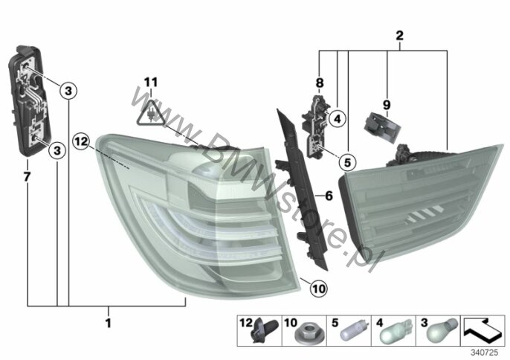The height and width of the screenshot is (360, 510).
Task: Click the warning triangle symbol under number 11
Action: click(151, 113)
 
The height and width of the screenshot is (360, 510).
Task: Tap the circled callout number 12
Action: click(81, 142)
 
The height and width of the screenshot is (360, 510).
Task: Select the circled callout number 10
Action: click(319, 289)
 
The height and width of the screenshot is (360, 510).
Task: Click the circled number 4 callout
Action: click(338, 119)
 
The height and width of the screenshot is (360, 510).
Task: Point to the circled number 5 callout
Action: click(347, 161)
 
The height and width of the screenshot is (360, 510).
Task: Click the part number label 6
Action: click(329, 196)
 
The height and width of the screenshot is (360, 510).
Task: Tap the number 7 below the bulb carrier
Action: click(27, 177)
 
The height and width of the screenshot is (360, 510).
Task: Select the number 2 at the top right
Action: click(320, 83)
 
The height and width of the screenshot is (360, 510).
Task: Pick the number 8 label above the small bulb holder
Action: click(320, 83)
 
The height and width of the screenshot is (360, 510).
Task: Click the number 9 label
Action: click(387, 105)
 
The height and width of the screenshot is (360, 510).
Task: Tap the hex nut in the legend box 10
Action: click(304, 336)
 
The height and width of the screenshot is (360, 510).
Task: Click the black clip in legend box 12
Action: click(265, 330)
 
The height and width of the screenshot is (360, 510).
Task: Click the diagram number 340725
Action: click(484, 353)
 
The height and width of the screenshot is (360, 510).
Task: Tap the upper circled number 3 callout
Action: click(68, 91)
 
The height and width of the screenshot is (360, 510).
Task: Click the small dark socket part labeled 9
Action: click(381, 128)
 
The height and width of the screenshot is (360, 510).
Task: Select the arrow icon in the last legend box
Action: click(483, 330)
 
